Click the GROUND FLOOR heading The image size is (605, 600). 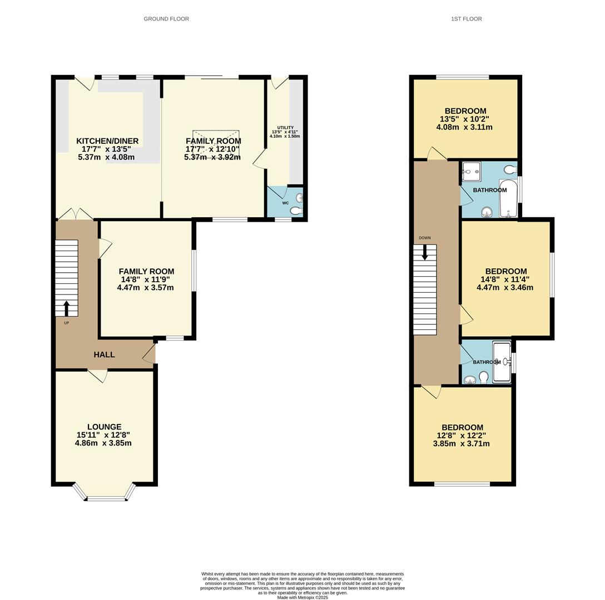pos(166,19)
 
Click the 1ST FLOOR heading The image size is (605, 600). pos(466,19)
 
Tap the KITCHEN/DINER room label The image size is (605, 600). pos(107,141)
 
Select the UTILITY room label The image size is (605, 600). pos(285,128)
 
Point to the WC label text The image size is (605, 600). pos(285,203)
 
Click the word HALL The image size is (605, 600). pos(104,354)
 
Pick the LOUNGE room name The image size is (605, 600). pos(103,427)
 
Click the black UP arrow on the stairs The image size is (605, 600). pos(67,308)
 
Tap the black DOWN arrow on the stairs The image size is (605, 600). pos(425,252)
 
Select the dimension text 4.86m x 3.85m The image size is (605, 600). pos(103,443)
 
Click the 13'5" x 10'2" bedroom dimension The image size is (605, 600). pos(464,119)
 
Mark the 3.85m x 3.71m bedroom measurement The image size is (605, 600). pos(462,444)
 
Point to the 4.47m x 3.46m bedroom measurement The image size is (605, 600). pos(505,288)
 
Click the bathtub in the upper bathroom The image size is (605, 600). pos(508,198)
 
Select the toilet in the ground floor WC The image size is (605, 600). pos(296,211)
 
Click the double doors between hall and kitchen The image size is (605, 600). pos(76,214)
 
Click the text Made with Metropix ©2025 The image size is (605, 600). pos(302,598)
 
